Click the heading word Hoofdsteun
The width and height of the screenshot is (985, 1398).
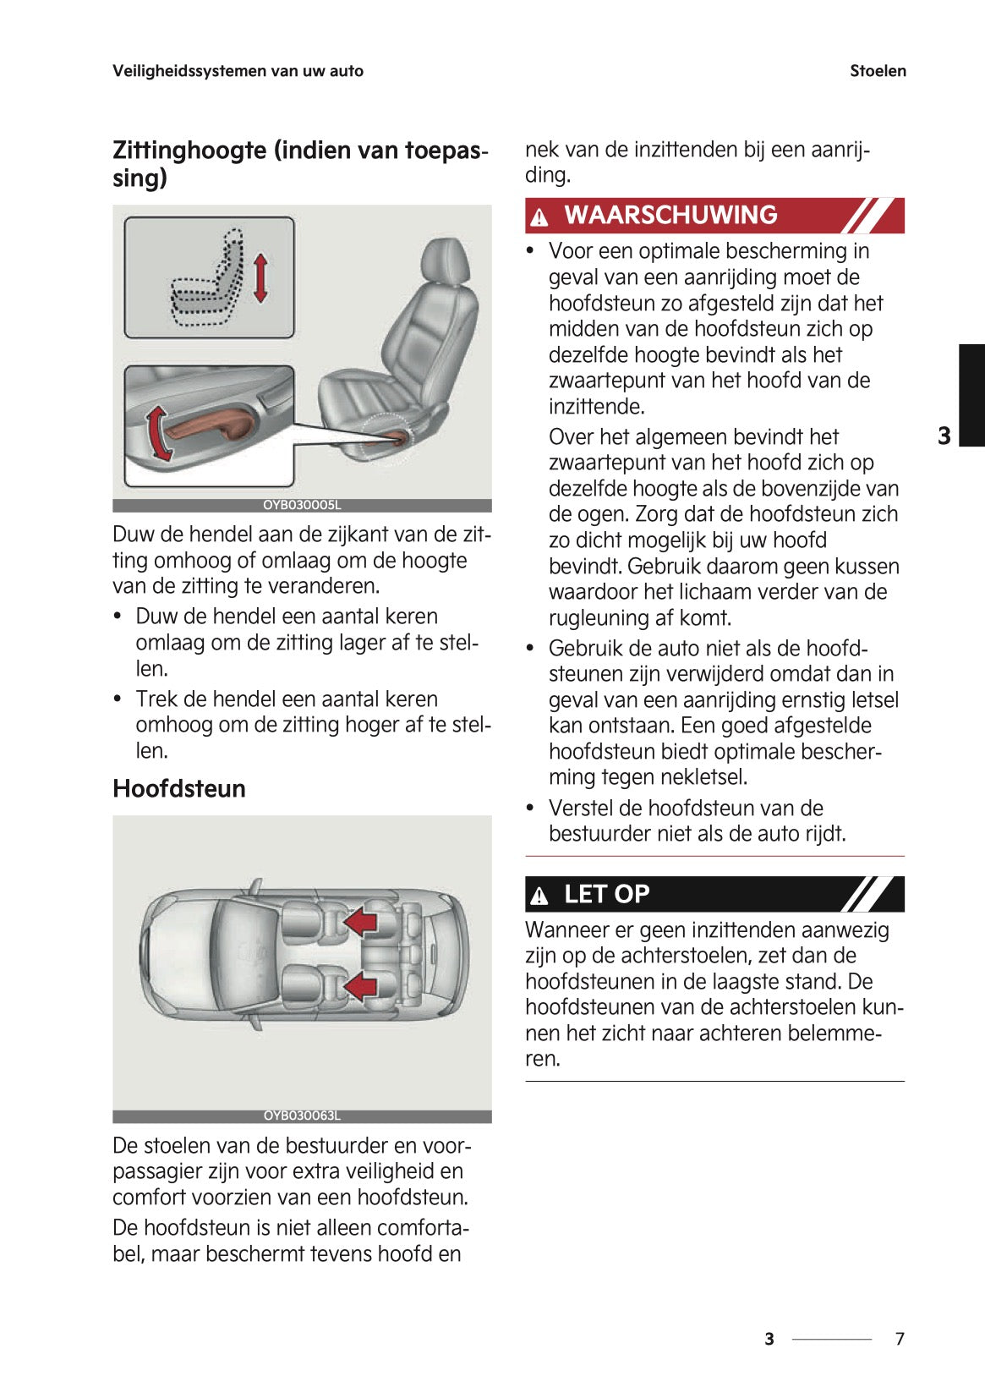[179, 788]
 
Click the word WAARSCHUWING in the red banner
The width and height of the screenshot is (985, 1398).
[670, 215]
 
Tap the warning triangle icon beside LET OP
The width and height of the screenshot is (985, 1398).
[539, 896]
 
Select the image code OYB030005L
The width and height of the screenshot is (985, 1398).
[302, 505]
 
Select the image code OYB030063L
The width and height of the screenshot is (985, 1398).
[302, 1116]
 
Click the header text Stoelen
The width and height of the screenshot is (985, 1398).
[878, 71]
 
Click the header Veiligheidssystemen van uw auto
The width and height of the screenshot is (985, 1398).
[238, 71]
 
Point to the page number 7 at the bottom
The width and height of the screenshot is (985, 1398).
[900, 1339]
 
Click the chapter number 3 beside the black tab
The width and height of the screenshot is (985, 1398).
[944, 436]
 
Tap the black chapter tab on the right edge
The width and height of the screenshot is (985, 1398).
[971, 394]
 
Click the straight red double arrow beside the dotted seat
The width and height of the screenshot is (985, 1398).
[260, 277]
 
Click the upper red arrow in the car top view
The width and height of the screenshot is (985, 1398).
[361, 920]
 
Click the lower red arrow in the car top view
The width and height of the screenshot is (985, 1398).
[361, 985]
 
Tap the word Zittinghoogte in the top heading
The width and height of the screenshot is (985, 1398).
[189, 151]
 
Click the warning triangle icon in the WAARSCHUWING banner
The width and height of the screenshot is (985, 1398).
[539, 217]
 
